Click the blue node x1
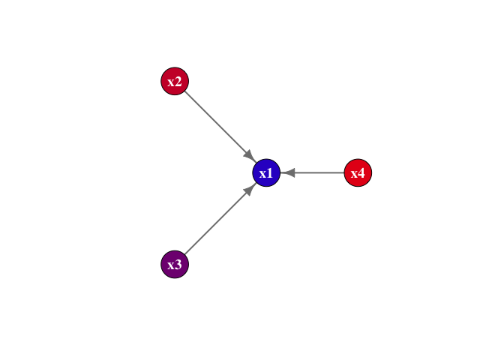click(266, 173)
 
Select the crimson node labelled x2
click(175, 81)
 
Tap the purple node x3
click(175, 265)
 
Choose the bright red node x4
click(358, 173)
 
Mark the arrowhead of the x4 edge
click(289, 173)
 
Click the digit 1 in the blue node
click(271, 174)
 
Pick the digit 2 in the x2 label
click(179, 82)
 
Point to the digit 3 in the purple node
click(179, 265)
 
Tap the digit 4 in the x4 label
click(362, 174)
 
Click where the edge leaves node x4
click(344, 173)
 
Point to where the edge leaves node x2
click(185, 91)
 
